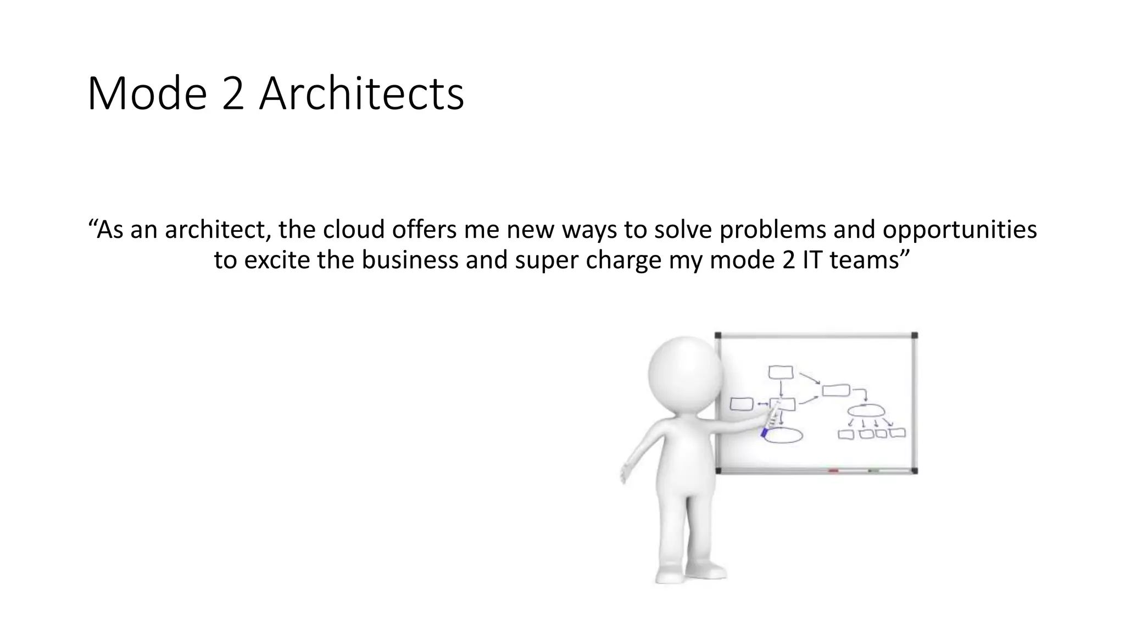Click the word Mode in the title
coord(147,94)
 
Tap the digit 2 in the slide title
coord(233,94)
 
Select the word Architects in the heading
coord(361,94)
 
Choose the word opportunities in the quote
coord(960,230)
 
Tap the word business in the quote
coord(410,259)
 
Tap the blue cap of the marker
coord(764,433)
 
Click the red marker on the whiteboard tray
coord(833,471)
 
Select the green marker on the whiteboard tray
coord(873,471)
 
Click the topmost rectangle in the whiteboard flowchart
coord(781,373)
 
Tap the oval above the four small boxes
coord(866,410)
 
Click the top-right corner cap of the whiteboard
coord(914,335)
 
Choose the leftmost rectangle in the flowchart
coord(741,404)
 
